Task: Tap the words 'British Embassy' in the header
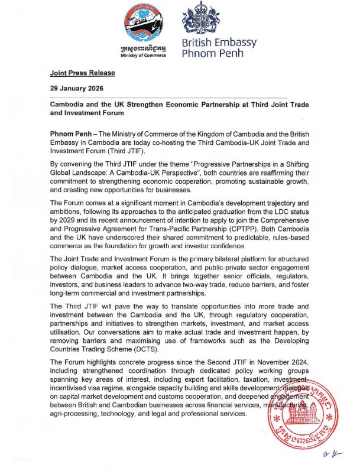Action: pyautogui.click(x=219, y=43)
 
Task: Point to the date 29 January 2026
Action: pyautogui.click(x=77, y=88)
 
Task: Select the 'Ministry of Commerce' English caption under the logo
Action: pyautogui.click(x=142, y=56)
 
